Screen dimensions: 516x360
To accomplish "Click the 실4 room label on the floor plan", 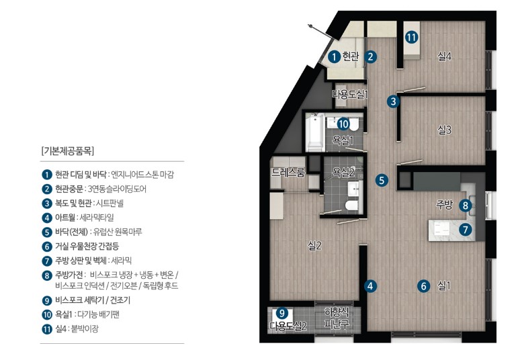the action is click(x=444, y=56).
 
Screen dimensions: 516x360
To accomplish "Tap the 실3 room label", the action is click(x=444, y=130).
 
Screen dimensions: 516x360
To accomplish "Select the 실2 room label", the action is click(x=314, y=245).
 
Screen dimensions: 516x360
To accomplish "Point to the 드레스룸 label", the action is click(x=288, y=173).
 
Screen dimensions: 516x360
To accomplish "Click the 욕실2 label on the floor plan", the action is click(x=343, y=172).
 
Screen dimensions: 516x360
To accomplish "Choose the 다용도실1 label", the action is click(x=350, y=95).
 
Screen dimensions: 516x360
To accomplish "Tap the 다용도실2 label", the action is click(x=288, y=326).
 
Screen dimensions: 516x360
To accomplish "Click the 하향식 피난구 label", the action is click(x=337, y=318).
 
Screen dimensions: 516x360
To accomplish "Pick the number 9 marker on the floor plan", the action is click(x=282, y=312).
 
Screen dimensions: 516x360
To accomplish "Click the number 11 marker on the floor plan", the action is click(x=411, y=37).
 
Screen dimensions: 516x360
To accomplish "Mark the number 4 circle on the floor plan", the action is click(x=370, y=286).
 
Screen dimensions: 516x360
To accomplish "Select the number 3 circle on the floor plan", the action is click(x=393, y=101).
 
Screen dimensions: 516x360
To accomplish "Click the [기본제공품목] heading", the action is click(x=68, y=151).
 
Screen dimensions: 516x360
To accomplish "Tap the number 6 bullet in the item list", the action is click(x=47, y=246).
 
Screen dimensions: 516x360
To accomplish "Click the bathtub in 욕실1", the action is click(x=314, y=132).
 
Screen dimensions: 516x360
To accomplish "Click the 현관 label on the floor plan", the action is click(x=351, y=56).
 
